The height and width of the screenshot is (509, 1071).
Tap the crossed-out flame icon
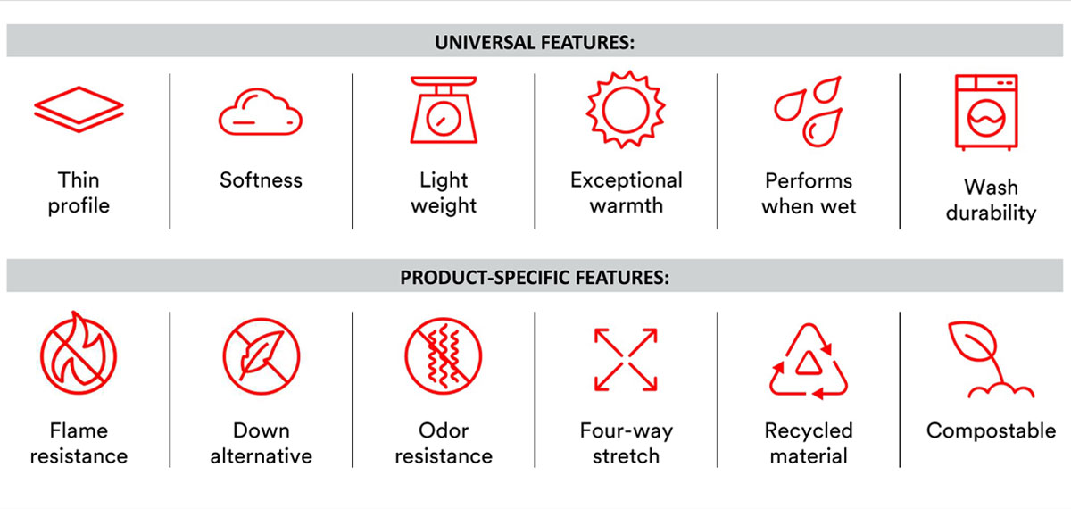click(x=79, y=353)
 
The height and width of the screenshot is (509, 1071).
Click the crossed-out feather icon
click(x=261, y=356)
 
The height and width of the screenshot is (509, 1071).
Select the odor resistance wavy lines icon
click(x=444, y=356)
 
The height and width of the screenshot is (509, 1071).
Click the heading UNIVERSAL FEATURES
click(x=535, y=43)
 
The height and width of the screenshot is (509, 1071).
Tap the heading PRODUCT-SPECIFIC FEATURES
click(x=535, y=278)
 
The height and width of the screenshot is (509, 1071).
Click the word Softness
click(x=261, y=180)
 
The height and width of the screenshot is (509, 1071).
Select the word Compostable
click(x=992, y=430)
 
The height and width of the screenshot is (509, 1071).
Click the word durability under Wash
click(x=992, y=213)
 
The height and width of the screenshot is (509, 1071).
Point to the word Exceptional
click(x=627, y=180)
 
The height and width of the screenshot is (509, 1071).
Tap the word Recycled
click(x=809, y=430)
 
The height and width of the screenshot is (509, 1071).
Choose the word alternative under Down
click(x=261, y=456)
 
